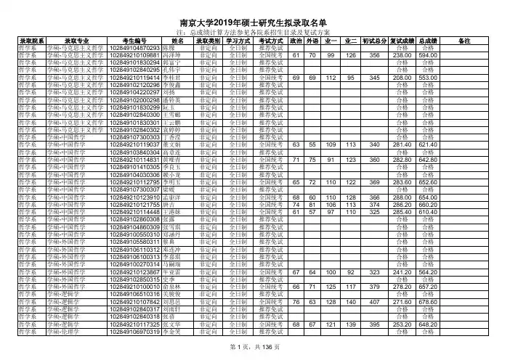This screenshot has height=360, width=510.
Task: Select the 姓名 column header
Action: (176, 41)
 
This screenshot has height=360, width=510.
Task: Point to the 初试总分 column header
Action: (374, 41)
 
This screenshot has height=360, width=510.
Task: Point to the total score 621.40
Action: (426, 144)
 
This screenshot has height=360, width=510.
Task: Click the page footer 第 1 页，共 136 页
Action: (254, 348)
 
